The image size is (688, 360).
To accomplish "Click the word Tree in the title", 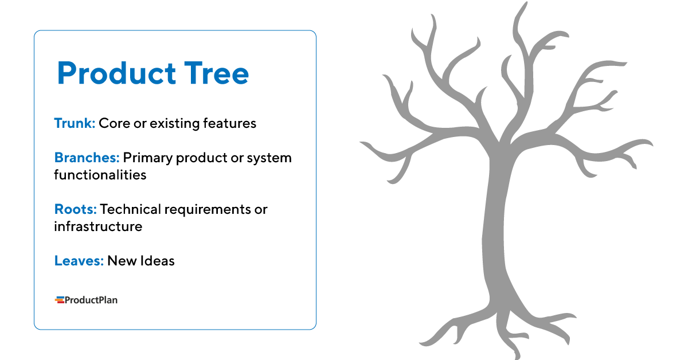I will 217,73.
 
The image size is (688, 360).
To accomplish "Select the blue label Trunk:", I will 75,123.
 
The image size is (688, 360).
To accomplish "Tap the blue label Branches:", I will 87,158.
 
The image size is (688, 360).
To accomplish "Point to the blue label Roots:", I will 75,209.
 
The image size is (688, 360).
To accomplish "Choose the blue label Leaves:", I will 79,261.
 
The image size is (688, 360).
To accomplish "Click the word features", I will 230,123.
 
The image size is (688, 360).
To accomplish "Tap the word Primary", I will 147,158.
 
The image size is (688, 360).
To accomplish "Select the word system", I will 269,158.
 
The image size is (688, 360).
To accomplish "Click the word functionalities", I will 100,175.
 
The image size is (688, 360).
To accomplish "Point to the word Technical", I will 130,209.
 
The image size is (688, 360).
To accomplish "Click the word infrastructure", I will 98,226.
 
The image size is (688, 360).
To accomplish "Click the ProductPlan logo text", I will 91,300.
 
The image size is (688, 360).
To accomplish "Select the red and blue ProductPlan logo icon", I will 59,300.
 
